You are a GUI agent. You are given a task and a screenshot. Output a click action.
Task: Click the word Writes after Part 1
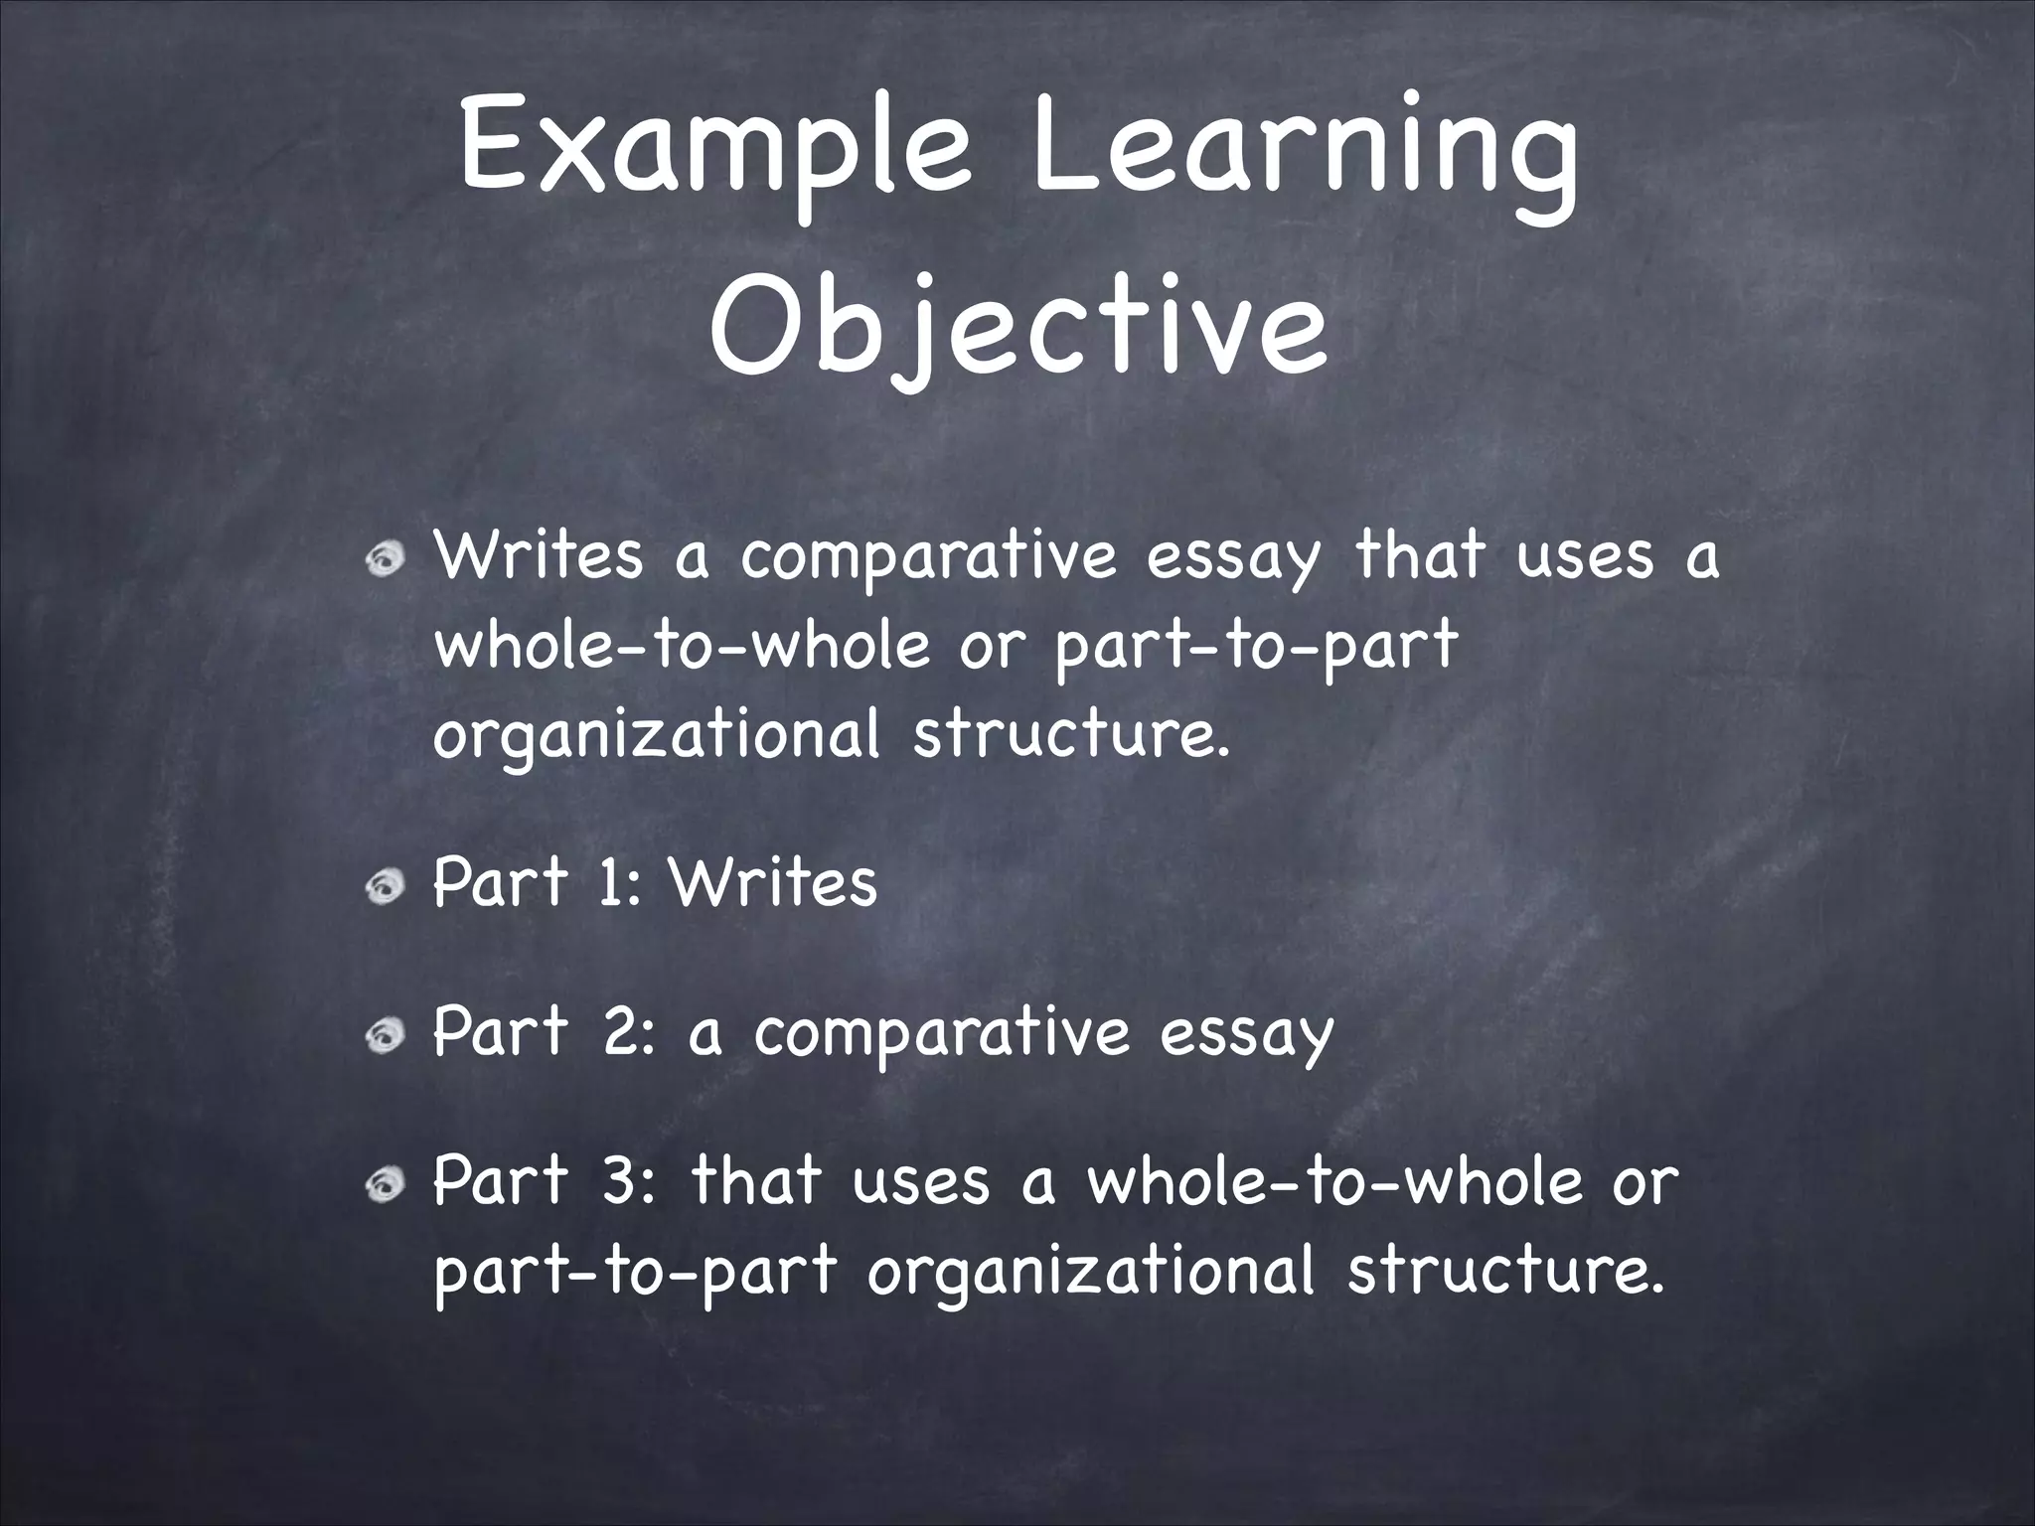tap(773, 881)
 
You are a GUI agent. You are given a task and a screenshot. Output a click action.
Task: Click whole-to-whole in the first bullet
tap(683, 646)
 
